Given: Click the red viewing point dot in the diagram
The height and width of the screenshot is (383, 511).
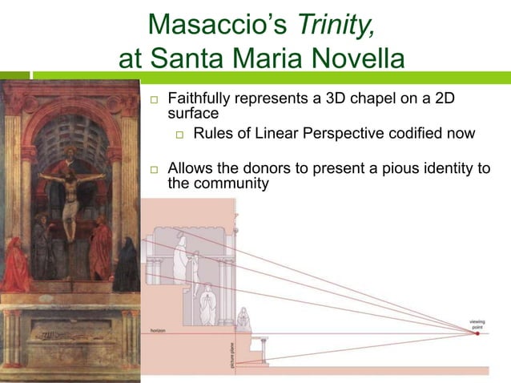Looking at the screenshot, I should click(x=477, y=333).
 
